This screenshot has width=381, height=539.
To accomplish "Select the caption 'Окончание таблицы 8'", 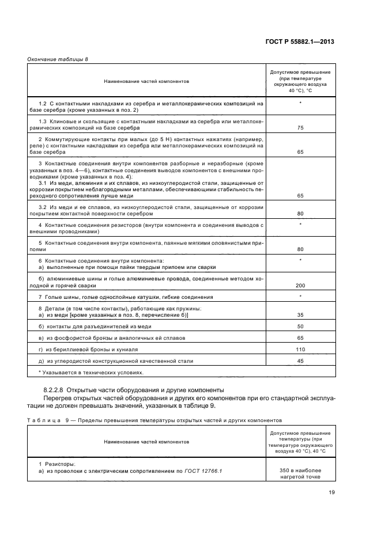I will (54, 60).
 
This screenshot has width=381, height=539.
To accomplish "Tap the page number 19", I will (331, 492).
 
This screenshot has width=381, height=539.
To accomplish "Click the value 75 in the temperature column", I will (300, 128).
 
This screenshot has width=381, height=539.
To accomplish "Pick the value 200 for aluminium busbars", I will (300, 286).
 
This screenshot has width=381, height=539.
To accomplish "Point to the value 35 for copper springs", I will (300, 316).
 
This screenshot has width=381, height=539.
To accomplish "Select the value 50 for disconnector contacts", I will (300, 327).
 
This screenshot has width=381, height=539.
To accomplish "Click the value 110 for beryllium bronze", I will (300, 350).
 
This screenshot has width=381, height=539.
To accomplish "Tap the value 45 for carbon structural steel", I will (300, 361).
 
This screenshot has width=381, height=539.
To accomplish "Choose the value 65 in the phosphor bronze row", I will (300, 338).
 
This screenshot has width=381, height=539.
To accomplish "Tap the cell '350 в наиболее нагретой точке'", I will (300, 474).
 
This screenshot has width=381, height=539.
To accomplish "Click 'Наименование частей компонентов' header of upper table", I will (146, 81).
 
